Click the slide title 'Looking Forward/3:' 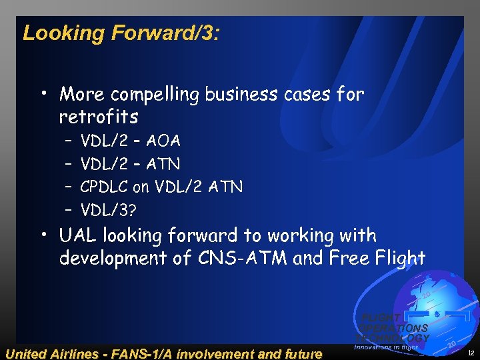pos(120,33)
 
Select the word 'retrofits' pos(99,117)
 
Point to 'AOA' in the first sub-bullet pos(164,141)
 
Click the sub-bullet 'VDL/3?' pos(109,211)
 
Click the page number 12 pos(471,352)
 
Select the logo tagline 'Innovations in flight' pos(385,347)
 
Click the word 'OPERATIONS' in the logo pos(395,328)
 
